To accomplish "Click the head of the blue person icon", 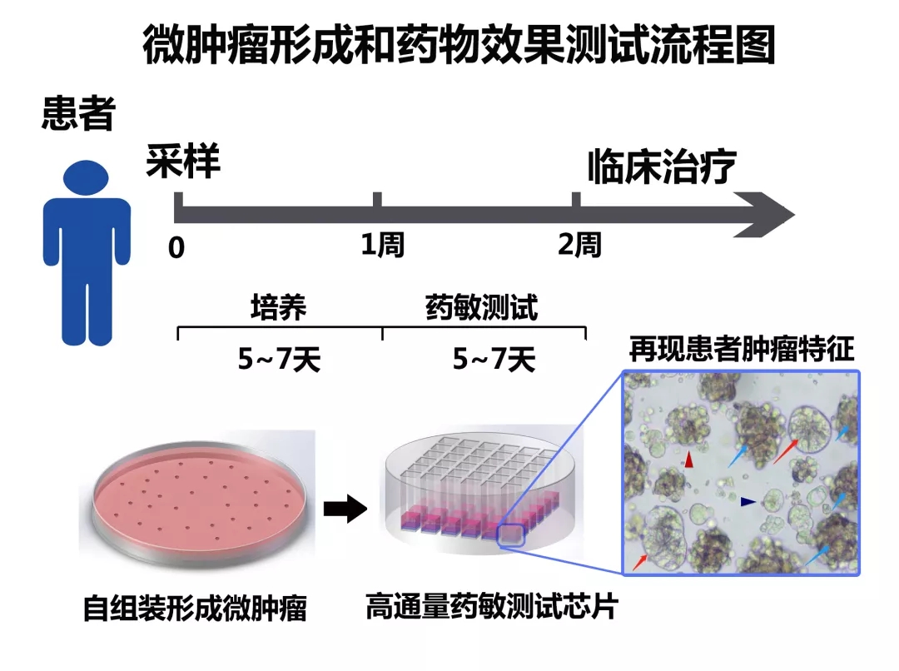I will (x=87, y=176).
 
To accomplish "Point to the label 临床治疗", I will (x=662, y=167).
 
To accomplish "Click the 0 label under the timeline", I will (x=176, y=248).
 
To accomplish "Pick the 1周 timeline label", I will (x=382, y=245).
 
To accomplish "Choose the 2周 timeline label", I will (x=579, y=245).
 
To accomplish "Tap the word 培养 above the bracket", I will (x=279, y=307).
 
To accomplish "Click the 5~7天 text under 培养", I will (x=279, y=360).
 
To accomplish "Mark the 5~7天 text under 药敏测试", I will (x=494, y=360).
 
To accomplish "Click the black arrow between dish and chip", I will (x=345, y=508).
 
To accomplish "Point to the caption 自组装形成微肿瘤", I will (x=195, y=609).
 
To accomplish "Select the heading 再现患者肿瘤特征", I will (x=741, y=350).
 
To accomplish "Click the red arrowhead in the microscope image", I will (x=688, y=459).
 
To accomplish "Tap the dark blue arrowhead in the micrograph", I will (x=748, y=501).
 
